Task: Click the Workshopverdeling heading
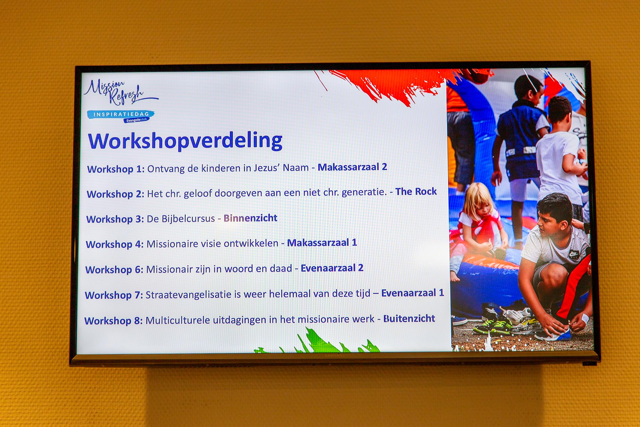pyautogui.click(x=185, y=141)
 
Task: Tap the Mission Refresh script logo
pyautogui.click(x=120, y=92)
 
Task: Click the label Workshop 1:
pyautogui.click(x=116, y=169)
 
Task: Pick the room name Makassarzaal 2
pyautogui.click(x=352, y=167)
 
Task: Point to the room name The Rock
pyautogui.click(x=416, y=192)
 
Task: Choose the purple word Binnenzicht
pyautogui.click(x=250, y=218)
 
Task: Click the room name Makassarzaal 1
pyautogui.click(x=322, y=243)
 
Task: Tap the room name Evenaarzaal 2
pyautogui.click(x=332, y=268)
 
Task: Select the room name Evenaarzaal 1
pyautogui.click(x=412, y=293)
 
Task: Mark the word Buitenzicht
pyautogui.click(x=409, y=319)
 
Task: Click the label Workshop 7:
pyautogui.click(x=114, y=295)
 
